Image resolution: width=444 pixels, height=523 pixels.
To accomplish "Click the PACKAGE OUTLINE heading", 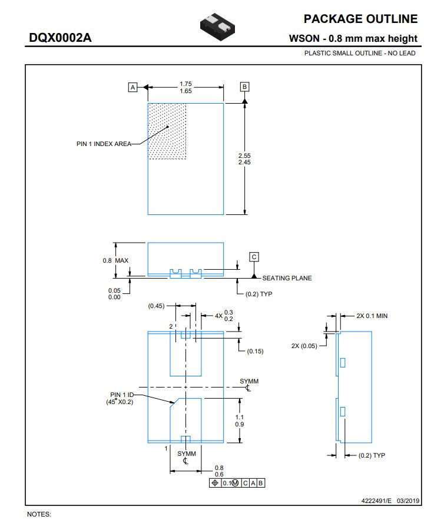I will pos(360,19).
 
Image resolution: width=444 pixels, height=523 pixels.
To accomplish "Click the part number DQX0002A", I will pos(60,39).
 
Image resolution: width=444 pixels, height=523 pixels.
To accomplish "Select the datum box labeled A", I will pos(132,87).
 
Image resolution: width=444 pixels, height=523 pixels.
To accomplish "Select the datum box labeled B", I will pos(244,87).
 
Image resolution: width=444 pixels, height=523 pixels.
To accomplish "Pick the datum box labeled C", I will pos(254,257).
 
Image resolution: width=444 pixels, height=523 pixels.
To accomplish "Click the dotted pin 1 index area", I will pos(167,131).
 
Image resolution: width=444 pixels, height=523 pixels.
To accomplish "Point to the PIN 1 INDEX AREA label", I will pos(104,144).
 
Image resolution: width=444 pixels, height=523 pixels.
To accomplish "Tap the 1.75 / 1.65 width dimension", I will pos(185,87).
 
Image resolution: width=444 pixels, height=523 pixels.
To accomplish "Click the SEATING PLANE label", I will pos(287,278).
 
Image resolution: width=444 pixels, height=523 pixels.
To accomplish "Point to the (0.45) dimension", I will pos(156,306).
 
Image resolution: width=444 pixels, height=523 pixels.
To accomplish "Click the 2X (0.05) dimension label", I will pos(304,346).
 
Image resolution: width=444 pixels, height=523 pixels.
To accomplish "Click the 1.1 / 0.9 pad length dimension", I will pos(240,420).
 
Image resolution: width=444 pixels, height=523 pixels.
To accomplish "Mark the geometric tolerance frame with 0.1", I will pos(237,483).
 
